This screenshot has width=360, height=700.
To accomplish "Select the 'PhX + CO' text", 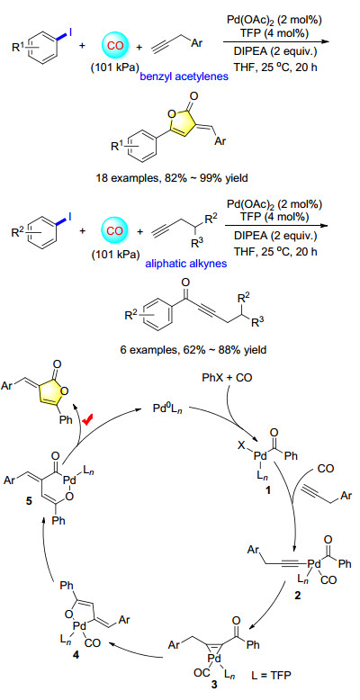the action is click(231, 378).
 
